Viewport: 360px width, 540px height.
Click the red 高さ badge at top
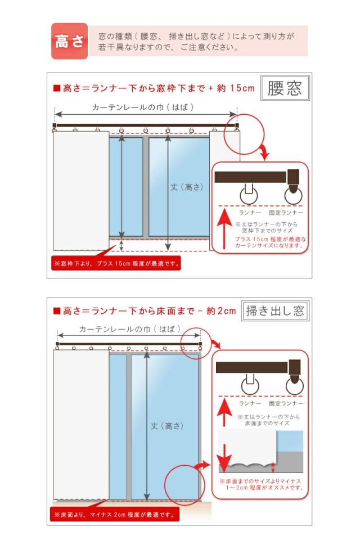[69, 41]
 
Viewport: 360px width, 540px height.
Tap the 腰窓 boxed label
[285, 88]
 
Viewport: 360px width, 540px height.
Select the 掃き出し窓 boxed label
[274, 311]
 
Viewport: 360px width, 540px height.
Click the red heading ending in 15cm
[154, 88]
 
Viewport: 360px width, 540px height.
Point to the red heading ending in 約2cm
[145, 311]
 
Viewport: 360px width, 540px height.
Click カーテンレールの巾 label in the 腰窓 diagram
[143, 107]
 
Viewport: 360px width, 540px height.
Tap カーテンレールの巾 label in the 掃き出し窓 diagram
[130, 329]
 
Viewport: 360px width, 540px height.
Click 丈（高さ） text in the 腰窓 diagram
[187, 187]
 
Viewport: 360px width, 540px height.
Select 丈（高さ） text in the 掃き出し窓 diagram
[167, 426]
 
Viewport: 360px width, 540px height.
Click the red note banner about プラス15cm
[116, 263]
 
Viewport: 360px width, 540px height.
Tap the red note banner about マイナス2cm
[115, 515]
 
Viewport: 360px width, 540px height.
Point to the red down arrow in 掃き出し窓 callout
[224, 458]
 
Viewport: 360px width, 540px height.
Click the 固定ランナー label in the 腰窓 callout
[286, 213]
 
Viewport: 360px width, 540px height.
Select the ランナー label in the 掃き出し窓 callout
[250, 403]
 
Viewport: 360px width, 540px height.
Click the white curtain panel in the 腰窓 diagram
[81, 191]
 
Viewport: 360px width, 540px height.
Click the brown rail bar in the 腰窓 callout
[250, 177]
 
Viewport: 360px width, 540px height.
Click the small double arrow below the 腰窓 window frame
[121, 245]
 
